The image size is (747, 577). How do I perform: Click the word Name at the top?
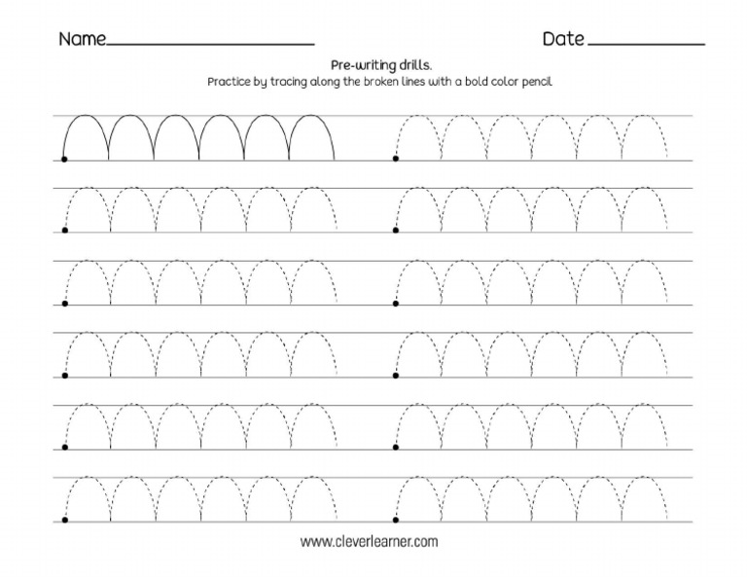coord(82,40)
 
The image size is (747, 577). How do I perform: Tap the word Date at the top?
coord(563,40)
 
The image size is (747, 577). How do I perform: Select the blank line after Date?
coord(646,45)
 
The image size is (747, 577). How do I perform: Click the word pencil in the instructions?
coord(535,83)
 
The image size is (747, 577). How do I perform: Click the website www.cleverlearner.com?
coord(370,541)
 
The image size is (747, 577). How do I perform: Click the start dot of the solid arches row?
coord(64,159)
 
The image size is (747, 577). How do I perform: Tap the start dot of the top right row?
coord(396,159)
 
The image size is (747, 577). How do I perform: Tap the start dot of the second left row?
coord(64,231)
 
